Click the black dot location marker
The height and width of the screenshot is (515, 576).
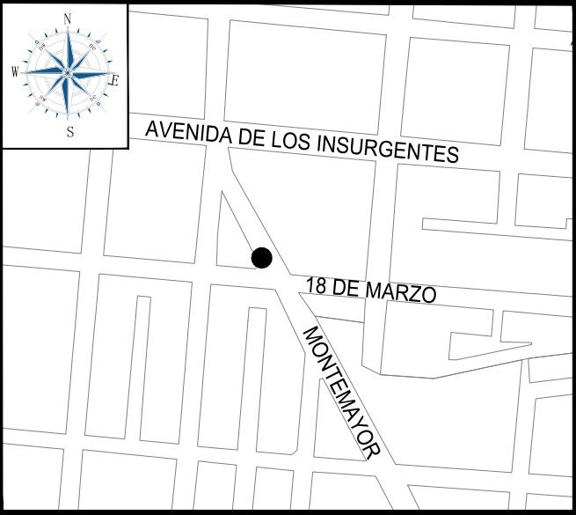pyautogui.click(x=261, y=258)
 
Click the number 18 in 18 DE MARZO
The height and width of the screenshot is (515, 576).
pyautogui.click(x=316, y=284)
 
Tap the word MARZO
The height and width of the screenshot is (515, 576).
pyautogui.click(x=402, y=292)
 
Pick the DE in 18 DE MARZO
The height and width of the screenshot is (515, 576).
pyautogui.click(x=346, y=287)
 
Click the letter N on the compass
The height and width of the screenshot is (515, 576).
pyautogui.click(x=68, y=18)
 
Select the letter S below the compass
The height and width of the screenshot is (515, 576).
pyautogui.click(x=69, y=132)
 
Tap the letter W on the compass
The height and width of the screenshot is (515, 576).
pyautogui.click(x=15, y=73)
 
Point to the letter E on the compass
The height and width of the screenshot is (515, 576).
pyautogui.click(x=114, y=79)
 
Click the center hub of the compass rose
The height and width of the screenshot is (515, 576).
pyautogui.click(x=68, y=73)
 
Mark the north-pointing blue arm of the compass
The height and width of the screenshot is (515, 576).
pyautogui.click(x=68, y=48)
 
